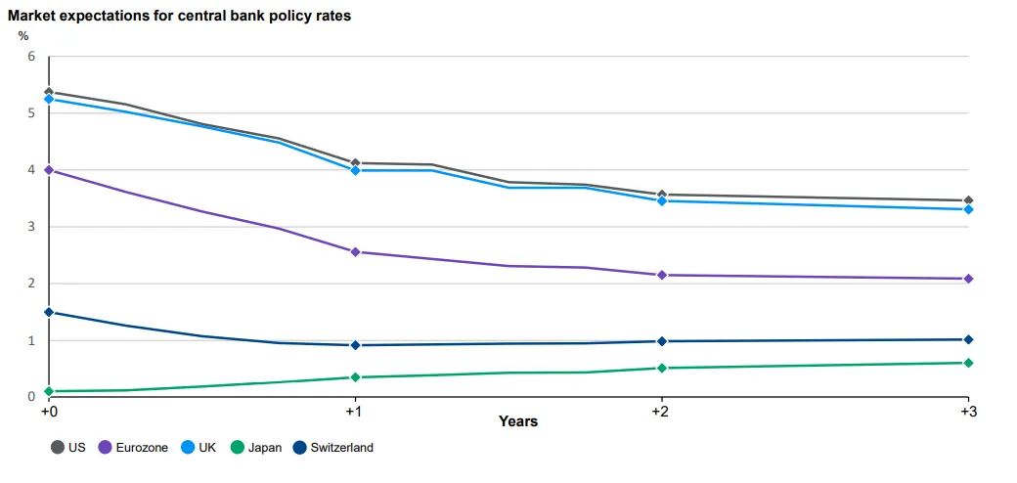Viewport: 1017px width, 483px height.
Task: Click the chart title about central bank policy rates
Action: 180,17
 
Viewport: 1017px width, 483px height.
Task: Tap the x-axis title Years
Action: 518,421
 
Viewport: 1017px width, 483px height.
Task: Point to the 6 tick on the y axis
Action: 30,57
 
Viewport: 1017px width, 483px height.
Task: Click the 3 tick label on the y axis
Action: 30,227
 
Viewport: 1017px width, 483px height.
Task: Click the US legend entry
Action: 68,447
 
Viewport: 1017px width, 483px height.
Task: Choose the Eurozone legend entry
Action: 133,447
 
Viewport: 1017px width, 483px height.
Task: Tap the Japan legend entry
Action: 256,447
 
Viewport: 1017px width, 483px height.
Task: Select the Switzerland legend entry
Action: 332,447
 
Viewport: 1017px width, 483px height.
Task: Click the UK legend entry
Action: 199,447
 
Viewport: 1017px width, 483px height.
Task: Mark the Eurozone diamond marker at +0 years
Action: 49,170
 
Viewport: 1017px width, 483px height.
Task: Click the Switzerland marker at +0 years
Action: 49,312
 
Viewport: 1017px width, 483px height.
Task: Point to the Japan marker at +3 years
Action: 968,363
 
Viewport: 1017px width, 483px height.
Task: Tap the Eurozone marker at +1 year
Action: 355,252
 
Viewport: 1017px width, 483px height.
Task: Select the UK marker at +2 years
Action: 662,201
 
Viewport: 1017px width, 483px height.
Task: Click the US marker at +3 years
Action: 968,200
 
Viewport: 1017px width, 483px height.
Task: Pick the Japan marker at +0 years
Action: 49,392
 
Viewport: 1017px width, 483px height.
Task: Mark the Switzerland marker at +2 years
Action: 662,341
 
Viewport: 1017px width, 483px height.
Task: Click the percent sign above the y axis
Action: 23,36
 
